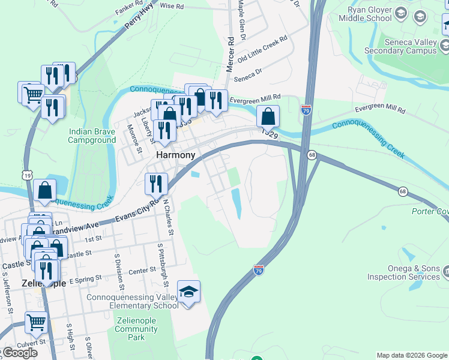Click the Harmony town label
click(x=175, y=155)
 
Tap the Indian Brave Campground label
click(x=92, y=136)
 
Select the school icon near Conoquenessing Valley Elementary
click(x=188, y=293)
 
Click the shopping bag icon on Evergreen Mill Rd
click(x=268, y=116)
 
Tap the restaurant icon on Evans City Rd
click(x=157, y=183)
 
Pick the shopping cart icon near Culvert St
click(x=36, y=323)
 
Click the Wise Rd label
click(x=171, y=5)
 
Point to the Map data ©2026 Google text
click(x=412, y=355)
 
